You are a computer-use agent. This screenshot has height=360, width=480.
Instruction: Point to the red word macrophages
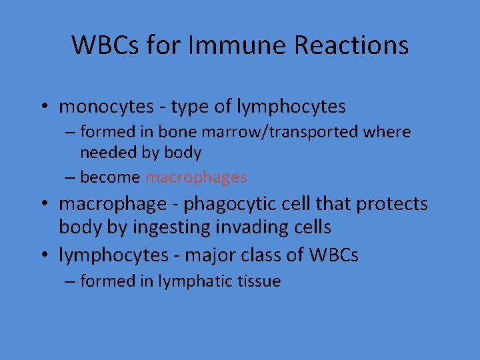196,177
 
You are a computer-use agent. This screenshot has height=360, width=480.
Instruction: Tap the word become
110,177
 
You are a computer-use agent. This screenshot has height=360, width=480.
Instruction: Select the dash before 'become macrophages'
70,177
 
